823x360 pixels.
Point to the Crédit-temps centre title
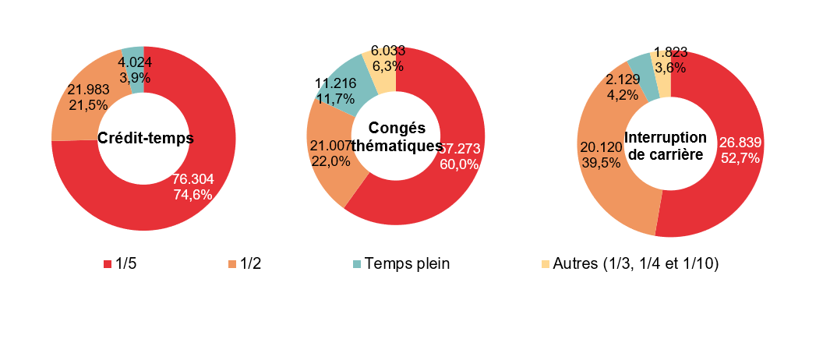[145, 139]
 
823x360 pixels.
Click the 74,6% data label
[192, 195]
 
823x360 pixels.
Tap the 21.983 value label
[88, 90]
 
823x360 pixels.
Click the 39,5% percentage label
[599, 162]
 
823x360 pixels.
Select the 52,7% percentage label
[740, 158]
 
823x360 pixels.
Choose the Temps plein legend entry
[403, 264]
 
